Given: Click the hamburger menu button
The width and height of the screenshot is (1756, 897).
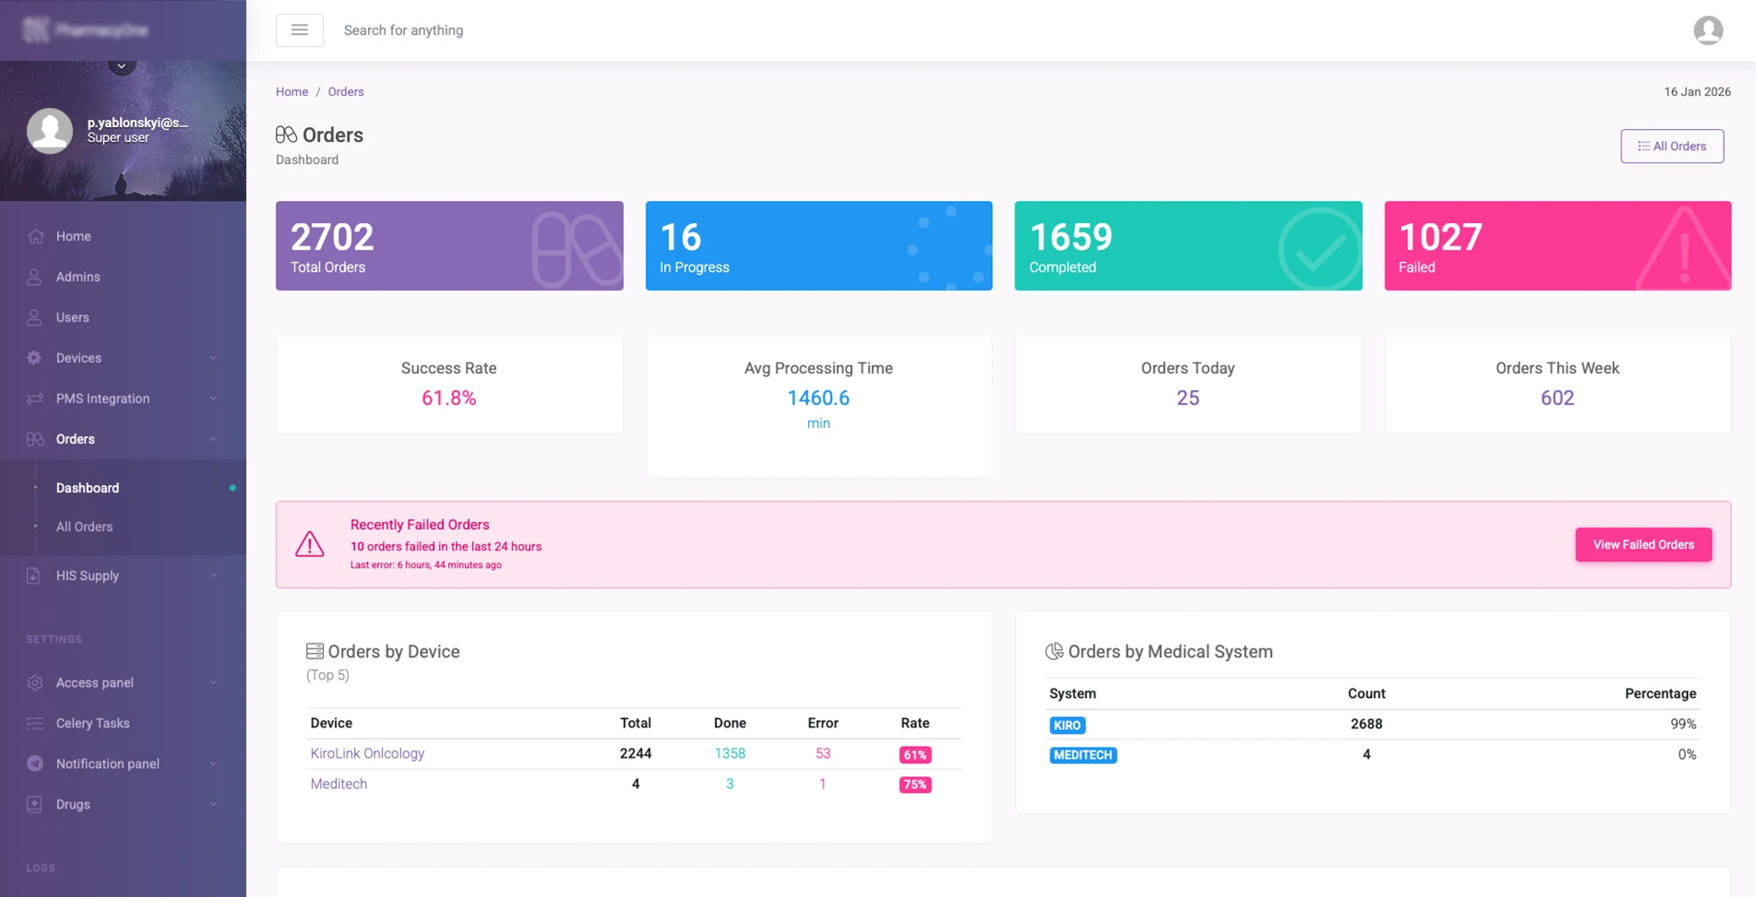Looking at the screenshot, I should click(299, 30).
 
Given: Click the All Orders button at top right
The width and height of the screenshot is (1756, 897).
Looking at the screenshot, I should click(1671, 146).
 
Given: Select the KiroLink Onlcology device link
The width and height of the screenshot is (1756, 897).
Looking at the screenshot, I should click(367, 753).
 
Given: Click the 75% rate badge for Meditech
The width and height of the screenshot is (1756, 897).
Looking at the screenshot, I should click(915, 785).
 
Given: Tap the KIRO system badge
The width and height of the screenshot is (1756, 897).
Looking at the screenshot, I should click(1067, 726).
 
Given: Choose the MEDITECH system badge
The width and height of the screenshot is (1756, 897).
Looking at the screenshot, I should click(1083, 755).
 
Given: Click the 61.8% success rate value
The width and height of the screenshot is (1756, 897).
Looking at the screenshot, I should click(449, 398).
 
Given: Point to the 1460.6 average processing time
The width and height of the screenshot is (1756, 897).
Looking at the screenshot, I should click(818, 398).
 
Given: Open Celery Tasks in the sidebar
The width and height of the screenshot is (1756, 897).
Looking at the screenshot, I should click(92, 723).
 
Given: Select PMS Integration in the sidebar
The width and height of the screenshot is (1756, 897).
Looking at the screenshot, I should click(102, 398).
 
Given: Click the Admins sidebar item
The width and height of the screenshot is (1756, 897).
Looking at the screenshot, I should click(77, 277).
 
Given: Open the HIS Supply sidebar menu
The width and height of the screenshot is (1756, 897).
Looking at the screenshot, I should click(88, 575).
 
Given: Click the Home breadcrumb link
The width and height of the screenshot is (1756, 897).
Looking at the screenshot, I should click(291, 91).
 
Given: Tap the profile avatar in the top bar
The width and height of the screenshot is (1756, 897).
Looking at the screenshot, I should click(1708, 30).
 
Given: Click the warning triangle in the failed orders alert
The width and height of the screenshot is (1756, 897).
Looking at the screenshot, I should click(310, 544).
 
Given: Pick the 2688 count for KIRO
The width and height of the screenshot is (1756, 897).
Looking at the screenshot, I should click(1366, 724).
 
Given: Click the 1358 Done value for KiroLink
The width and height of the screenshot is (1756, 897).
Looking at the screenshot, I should click(730, 753).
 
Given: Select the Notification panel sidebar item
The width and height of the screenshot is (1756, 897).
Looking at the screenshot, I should click(107, 763).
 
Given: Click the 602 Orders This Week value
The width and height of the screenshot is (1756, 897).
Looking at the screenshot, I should click(1557, 398).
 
